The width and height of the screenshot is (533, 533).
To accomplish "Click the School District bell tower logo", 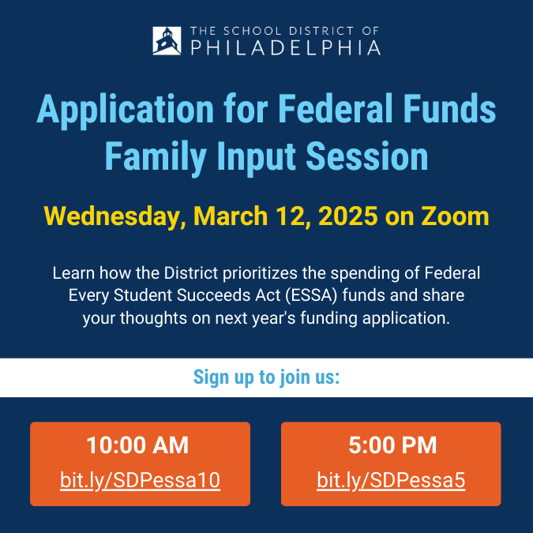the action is tap(167, 41).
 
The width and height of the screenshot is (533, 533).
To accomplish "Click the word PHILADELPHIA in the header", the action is tap(286, 47).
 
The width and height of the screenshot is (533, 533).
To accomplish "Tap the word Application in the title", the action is tap(126, 110).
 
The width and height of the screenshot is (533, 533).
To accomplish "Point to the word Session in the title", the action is tap(367, 156).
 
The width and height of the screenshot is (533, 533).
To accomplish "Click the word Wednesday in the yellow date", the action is tap(115, 216).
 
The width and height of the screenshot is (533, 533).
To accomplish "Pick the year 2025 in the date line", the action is tap(347, 216).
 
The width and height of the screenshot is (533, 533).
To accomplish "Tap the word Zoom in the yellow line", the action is tap(455, 216).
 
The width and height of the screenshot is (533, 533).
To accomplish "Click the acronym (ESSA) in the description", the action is tap(311, 295).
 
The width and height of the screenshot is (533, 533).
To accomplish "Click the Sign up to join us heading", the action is tap(267, 377).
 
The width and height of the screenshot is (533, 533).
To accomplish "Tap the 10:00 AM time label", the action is tap(137, 445).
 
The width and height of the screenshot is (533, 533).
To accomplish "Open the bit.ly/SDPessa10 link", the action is tap(140, 481).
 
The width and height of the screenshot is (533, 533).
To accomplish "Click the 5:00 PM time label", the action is tap(392, 445).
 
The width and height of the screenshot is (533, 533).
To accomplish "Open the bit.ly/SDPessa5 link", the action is tap(391, 481).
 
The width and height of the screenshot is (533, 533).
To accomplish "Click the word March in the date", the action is tap(231, 216).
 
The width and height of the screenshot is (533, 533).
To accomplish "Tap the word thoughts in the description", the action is tap(153, 318).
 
